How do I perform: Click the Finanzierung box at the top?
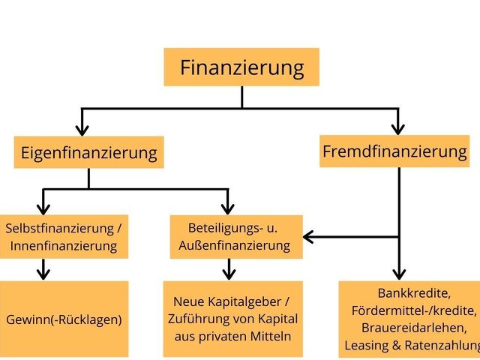click(241, 67)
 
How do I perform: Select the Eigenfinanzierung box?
click(88, 153)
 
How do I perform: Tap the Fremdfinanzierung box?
click(394, 151)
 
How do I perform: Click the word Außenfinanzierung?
click(235, 244)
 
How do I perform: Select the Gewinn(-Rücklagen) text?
click(64, 319)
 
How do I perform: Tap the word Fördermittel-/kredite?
click(413, 310)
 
